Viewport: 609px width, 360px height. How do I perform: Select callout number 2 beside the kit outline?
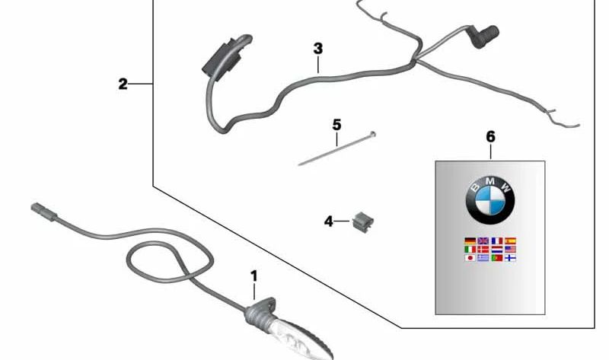coord(123,84)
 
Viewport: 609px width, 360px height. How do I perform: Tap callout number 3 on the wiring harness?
coord(318,49)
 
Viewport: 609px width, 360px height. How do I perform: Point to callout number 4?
coord(329,221)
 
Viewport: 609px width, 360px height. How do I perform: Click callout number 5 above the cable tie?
coord(336,123)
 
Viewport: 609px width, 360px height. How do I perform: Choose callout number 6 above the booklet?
coord(490,137)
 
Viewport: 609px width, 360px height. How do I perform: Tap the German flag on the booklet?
coord(470,241)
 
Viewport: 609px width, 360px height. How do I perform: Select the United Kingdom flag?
coord(483,241)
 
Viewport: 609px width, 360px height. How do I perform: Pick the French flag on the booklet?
coord(497,241)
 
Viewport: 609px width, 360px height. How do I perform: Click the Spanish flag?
coord(511,241)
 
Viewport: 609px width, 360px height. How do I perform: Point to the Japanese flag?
coord(470,258)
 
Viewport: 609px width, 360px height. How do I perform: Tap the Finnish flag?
coord(511,258)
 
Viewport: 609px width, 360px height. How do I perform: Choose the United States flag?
coord(511,249)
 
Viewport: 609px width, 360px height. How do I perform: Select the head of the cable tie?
coord(372,135)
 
